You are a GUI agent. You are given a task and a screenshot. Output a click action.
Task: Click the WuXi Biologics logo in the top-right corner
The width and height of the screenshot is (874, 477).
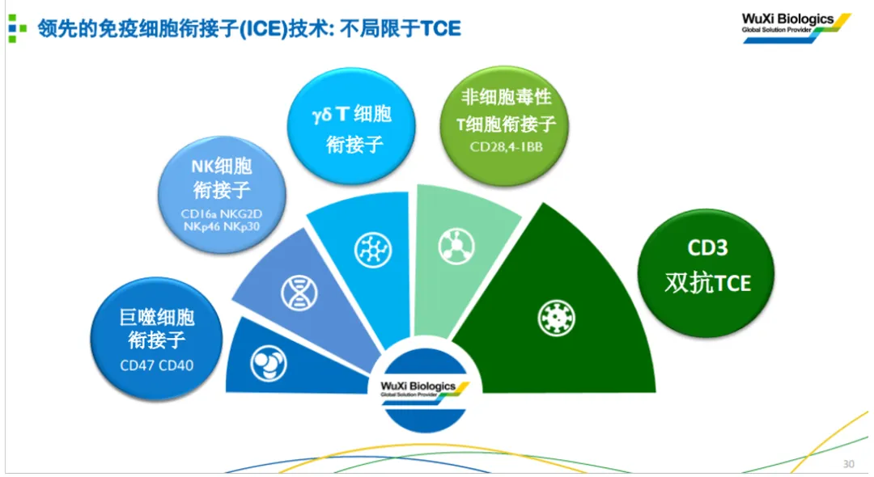[796, 27]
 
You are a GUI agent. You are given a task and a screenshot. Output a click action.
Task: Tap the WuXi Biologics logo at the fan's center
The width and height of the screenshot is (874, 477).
[425, 390]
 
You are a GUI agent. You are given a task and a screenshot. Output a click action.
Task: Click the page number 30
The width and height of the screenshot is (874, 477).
[848, 463]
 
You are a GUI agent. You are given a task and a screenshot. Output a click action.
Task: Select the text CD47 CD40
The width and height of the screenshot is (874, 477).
[157, 365]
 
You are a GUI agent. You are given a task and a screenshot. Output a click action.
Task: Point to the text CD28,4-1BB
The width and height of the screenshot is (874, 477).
[506, 147]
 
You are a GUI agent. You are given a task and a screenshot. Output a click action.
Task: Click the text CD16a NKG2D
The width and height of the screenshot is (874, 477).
[221, 213]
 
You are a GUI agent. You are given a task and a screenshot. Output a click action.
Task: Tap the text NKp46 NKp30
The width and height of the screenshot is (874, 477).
[221, 226]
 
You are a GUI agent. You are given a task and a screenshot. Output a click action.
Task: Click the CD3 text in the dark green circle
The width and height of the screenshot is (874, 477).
[707, 247]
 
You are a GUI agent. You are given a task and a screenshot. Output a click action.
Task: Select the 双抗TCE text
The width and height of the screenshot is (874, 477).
[708, 283]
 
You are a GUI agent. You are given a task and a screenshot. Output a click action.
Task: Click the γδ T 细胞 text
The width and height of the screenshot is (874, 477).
[352, 115]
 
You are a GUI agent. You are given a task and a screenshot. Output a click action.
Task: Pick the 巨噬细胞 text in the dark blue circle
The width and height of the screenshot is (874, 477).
[157, 317]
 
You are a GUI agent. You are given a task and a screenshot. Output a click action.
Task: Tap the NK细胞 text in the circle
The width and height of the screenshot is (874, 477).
[221, 166]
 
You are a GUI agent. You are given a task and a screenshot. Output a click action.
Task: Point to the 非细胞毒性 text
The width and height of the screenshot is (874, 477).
[506, 97]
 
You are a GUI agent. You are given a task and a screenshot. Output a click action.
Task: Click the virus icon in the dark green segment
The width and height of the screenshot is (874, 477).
[556, 318]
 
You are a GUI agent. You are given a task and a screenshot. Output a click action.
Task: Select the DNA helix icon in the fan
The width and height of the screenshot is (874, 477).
[299, 293]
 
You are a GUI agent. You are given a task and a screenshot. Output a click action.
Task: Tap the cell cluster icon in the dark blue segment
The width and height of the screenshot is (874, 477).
[269, 364]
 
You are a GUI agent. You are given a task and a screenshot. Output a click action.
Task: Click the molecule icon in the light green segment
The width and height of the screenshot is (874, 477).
[456, 246]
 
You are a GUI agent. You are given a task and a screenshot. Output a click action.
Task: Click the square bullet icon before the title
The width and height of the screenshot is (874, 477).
[17, 28]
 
